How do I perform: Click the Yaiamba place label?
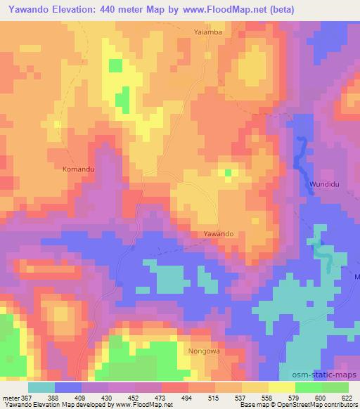coord(208,32)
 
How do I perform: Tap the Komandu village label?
coord(78,169)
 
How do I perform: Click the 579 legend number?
coord(292,397)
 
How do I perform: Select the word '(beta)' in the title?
coord(279,9)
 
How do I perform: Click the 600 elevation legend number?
coord(321,397)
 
